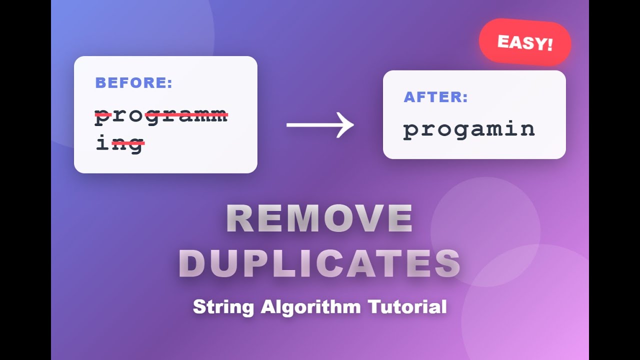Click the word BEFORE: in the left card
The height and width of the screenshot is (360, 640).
pyautogui.click(x=133, y=83)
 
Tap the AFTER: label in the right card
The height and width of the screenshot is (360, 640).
pyautogui.click(x=435, y=97)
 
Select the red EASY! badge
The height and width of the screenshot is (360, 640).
pyautogui.click(x=525, y=42)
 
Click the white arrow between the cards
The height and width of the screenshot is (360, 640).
pyautogui.click(x=320, y=125)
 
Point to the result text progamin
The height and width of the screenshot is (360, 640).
pyautogui.click(x=469, y=129)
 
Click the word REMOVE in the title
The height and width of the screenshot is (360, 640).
pyautogui.click(x=319, y=219)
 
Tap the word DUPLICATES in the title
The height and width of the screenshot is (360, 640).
pyautogui.click(x=319, y=263)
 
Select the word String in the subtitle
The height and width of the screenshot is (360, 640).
pyautogui.click(x=224, y=306)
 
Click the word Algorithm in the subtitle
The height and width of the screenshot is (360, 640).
pyautogui.click(x=310, y=306)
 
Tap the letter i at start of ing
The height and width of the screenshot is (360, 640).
pyautogui.click(x=102, y=143)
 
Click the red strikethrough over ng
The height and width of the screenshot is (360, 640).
pyautogui.click(x=128, y=143)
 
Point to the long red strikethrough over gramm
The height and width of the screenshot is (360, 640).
pyautogui.click(x=186, y=115)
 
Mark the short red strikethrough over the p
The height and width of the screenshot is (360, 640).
pyautogui.click(x=103, y=115)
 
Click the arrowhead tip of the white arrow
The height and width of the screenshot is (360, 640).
pyautogui.click(x=352, y=125)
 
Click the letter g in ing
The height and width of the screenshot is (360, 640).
pyautogui.click(x=135, y=145)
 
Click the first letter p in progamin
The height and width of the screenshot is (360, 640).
pyautogui.click(x=411, y=131)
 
